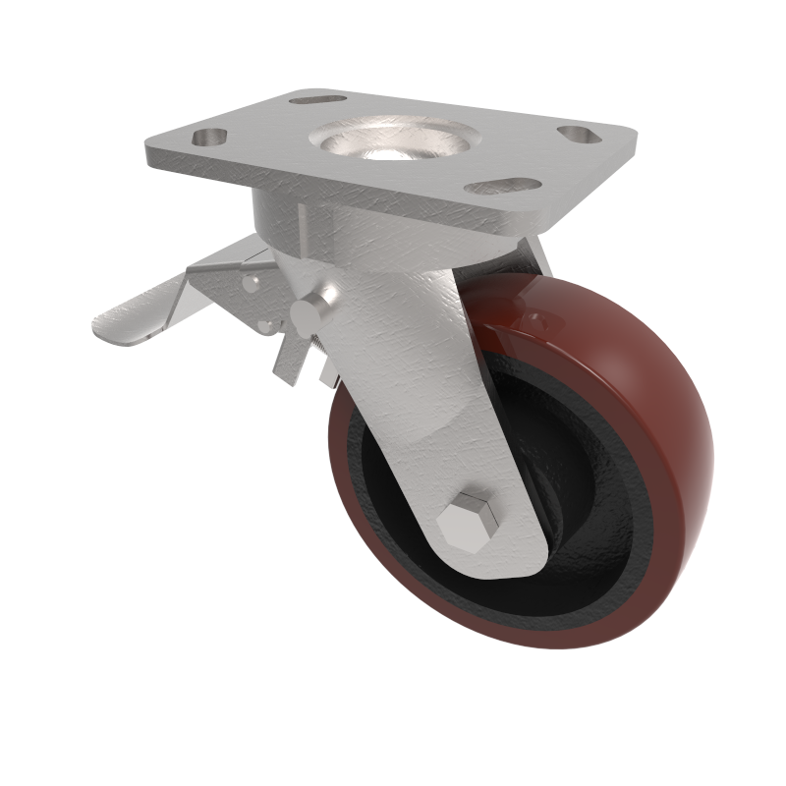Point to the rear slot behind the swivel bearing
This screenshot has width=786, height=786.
[x=318, y=100]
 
